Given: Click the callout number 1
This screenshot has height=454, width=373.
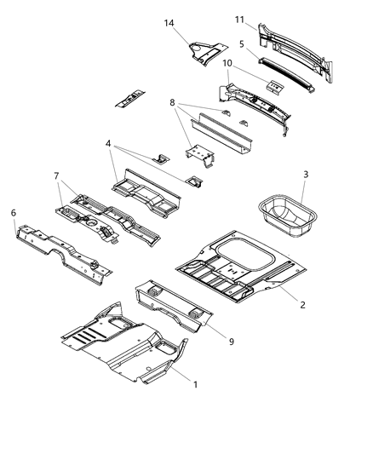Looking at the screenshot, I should click(196, 385).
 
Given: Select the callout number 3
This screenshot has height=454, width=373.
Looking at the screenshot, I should click(304, 175).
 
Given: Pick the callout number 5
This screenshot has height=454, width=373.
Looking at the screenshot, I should click(243, 42).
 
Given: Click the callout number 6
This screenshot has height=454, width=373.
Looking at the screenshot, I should click(13, 212).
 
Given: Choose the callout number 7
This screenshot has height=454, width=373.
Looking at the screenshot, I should click(56, 176).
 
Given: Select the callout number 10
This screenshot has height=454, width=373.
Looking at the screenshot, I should click(227, 63).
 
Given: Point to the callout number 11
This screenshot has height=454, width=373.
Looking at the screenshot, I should click(241, 19).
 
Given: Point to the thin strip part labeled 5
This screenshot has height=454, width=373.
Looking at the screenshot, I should click(281, 66).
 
